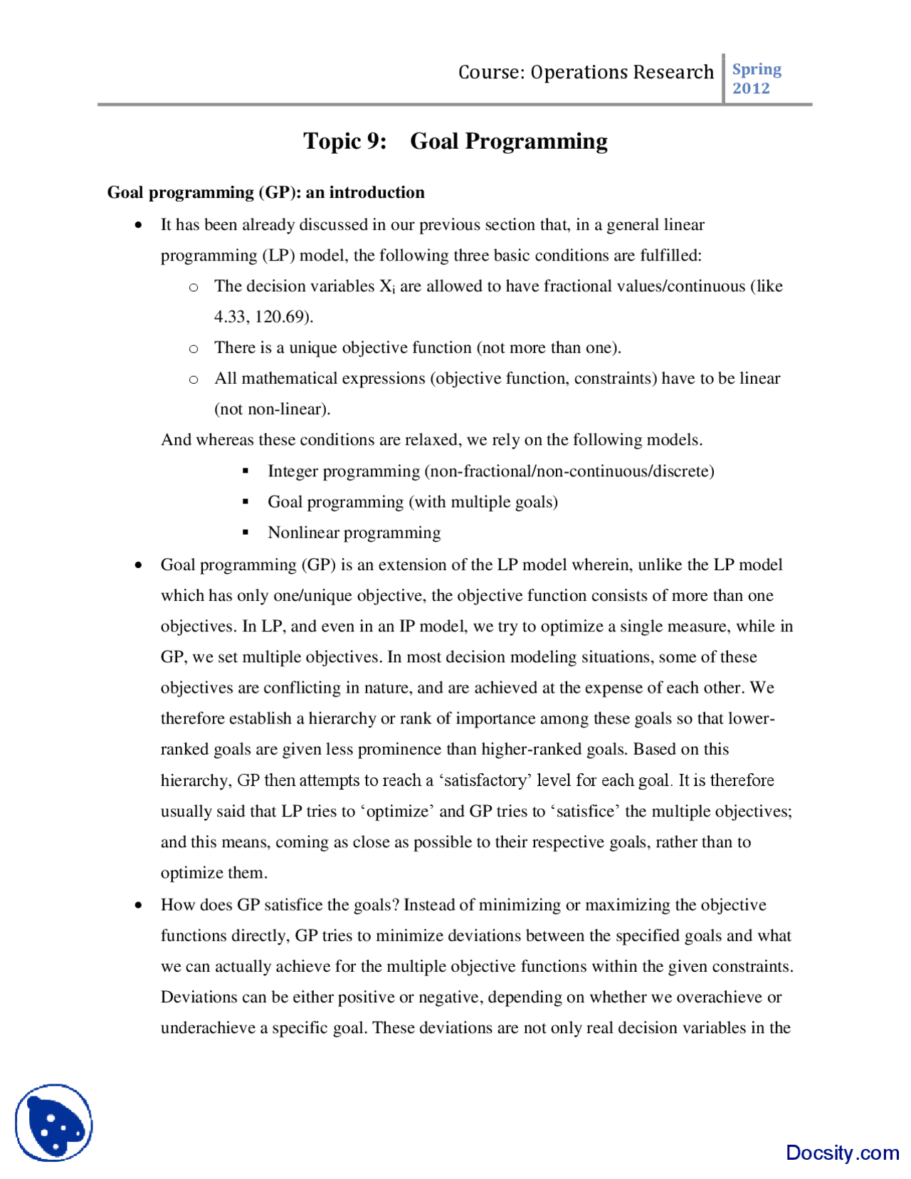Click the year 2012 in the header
[x=751, y=88]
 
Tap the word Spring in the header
[x=756, y=69]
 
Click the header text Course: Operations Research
[x=585, y=72]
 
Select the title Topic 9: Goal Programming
[x=455, y=141]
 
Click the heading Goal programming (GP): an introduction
[x=265, y=192]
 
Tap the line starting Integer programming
[x=490, y=471]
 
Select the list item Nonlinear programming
[x=354, y=533]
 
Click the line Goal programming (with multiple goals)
[x=412, y=502]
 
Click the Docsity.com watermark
[x=842, y=1152]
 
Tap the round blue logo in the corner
[x=54, y=1123]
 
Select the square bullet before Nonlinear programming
[x=246, y=533]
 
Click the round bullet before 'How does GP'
[x=139, y=906]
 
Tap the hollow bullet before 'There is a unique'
[x=193, y=349]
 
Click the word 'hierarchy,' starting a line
[x=196, y=780]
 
